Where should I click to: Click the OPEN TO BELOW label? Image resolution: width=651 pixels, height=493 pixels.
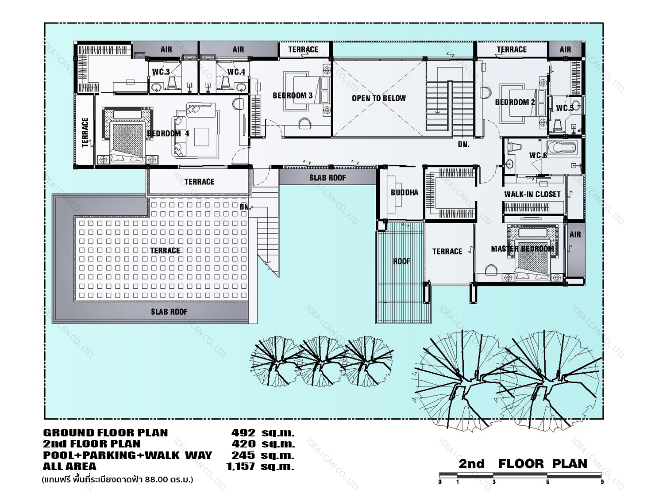[379, 98]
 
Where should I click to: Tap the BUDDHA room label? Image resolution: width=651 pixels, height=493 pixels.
[404, 193]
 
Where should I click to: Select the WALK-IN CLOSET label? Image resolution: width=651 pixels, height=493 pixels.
[532, 195]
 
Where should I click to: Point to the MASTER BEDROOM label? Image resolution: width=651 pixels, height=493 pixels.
[522, 249]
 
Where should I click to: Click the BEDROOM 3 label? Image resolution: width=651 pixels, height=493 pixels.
[293, 96]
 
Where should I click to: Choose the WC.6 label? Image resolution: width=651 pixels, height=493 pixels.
[538, 155]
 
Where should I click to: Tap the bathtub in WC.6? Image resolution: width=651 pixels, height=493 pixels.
[562, 148]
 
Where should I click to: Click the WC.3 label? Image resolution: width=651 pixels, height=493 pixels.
[161, 72]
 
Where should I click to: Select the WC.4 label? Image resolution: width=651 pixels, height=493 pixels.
[236, 72]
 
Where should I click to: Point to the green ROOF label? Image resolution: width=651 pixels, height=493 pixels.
[402, 261]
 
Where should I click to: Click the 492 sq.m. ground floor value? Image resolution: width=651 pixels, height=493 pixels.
[263, 433]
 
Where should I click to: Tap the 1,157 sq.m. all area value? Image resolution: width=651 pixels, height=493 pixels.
[260, 466]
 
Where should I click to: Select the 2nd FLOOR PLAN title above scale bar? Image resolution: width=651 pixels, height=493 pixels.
[523, 464]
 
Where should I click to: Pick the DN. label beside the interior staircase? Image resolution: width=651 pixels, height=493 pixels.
[463, 145]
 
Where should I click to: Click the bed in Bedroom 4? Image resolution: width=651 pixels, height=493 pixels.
[128, 135]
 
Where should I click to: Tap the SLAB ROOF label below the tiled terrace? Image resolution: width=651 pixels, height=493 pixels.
[169, 312]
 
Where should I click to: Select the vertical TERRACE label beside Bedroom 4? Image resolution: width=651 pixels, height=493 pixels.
[85, 133]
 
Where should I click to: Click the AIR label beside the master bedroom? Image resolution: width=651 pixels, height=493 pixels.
[575, 235]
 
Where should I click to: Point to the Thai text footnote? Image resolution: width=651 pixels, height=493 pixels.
[117, 480]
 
